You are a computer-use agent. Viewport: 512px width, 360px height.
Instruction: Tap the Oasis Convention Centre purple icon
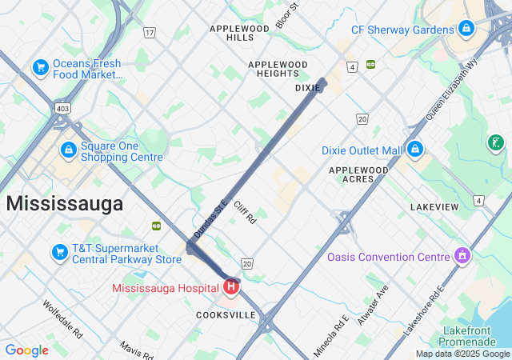click(461, 257)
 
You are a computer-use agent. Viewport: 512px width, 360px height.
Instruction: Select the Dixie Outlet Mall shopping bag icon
click(414, 150)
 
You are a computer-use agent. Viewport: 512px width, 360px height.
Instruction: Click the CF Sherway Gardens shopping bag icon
click(466, 30)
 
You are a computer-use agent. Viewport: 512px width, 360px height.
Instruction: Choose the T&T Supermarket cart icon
click(59, 253)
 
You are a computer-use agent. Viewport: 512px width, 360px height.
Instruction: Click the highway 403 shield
click(62, 107)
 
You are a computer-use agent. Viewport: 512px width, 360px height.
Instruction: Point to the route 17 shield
click(150, 33)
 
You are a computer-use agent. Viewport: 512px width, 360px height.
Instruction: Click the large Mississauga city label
click(65, 203)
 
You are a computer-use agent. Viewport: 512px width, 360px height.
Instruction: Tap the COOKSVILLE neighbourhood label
click(226, 315)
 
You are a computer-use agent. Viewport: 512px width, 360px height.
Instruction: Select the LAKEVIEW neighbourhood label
click(434, 207)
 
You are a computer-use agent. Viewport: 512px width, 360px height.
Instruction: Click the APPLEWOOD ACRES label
click(358, 174)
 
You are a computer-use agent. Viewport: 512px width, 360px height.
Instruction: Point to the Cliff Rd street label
click(245, 212)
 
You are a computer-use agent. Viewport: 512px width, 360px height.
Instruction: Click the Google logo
click(26, 350)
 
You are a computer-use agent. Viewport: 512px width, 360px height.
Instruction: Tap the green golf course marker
click(497, 143)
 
